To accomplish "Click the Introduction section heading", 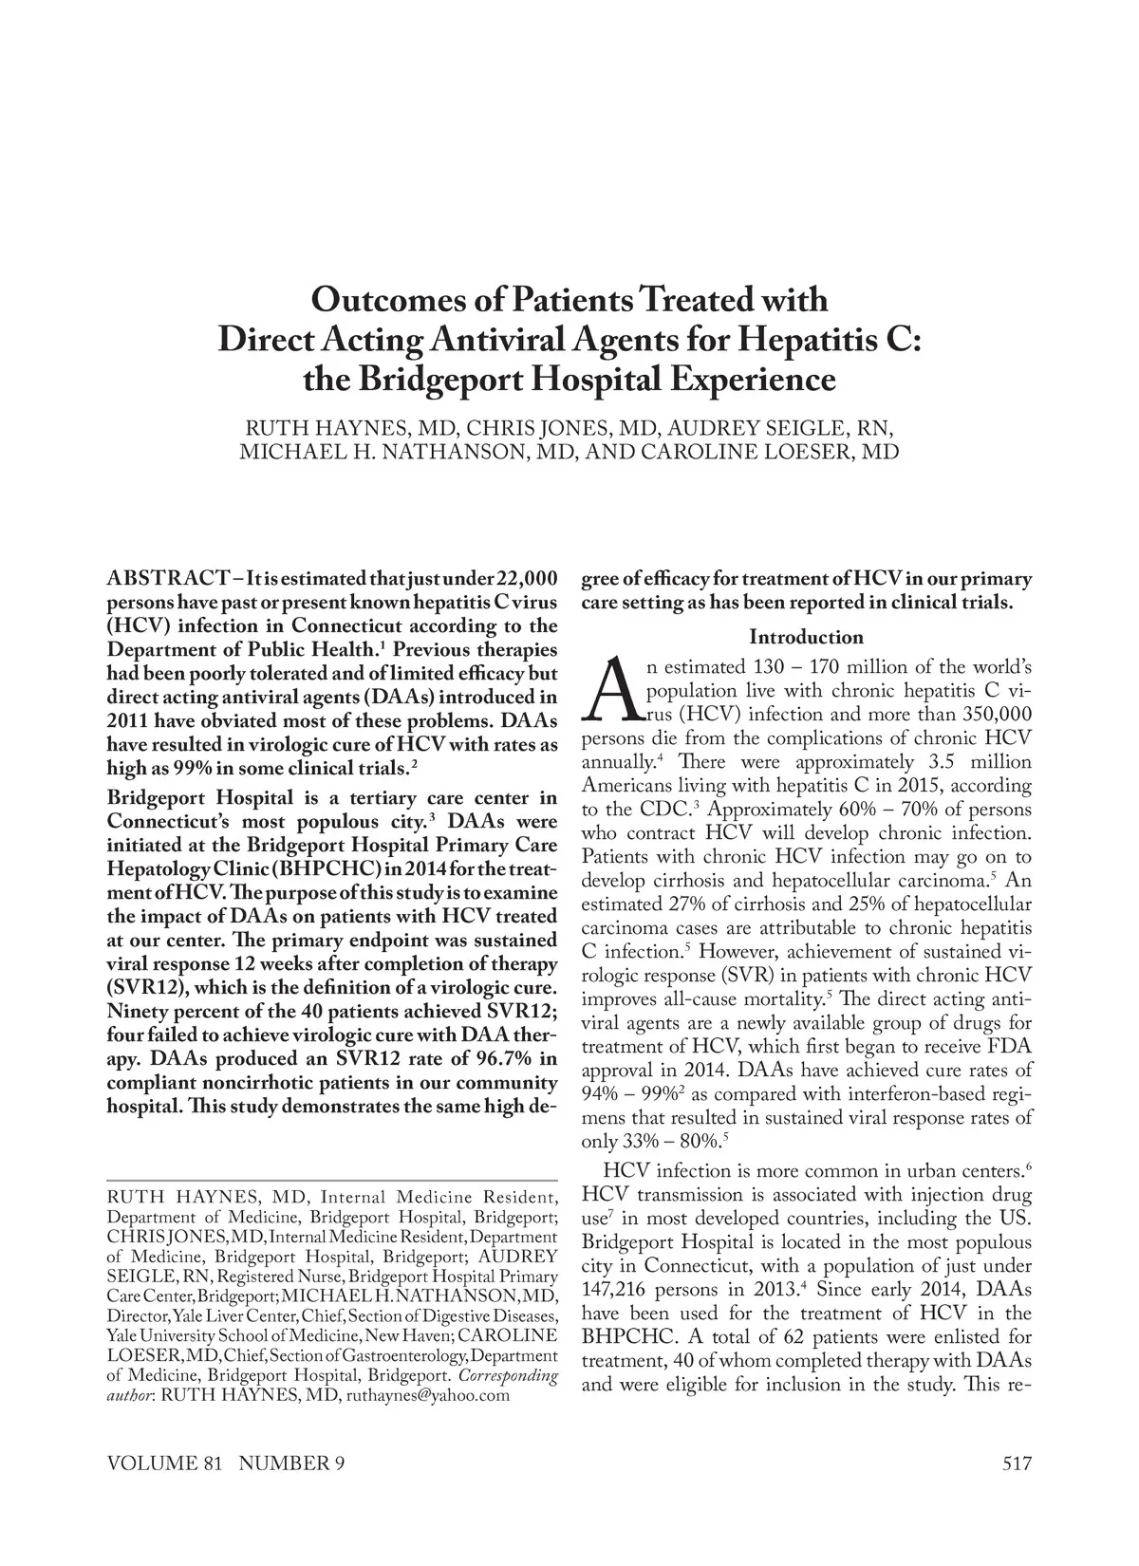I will pos(806,637).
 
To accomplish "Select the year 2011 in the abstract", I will pos(130,722).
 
